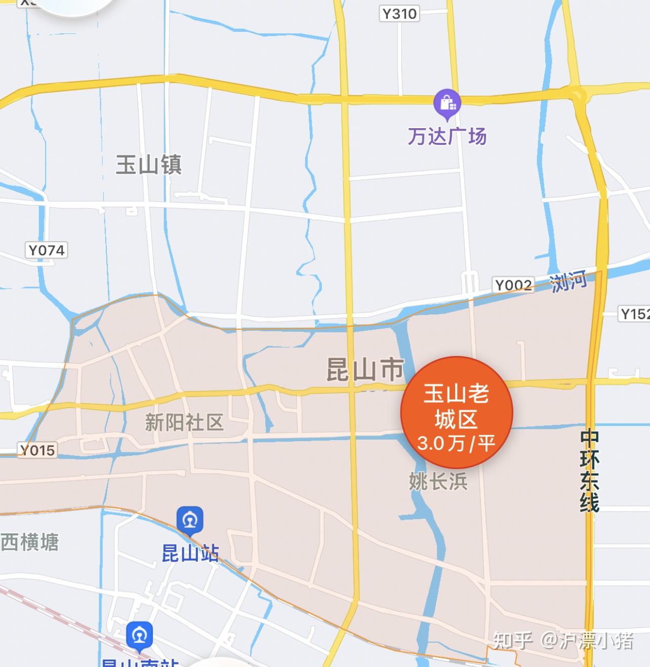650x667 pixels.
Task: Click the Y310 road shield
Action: coord(399,13)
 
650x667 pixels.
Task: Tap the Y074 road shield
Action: coord(47,250)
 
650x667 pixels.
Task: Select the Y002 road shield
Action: coord(513,285)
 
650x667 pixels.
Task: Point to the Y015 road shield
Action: coord(37,450)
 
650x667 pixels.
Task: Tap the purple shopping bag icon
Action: coord(447,102)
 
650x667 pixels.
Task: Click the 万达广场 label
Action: coord(447,136)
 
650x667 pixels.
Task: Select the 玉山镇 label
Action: coord(149,165)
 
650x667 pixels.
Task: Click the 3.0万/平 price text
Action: coord(456,443)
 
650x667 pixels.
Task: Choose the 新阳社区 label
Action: coord(184,422)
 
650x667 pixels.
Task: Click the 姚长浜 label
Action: coord(438,481)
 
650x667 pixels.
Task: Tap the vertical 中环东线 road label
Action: coord(589,471)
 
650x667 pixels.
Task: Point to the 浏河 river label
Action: coord(568,281)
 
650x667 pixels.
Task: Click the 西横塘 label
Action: coord(30,542)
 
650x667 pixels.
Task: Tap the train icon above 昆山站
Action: coord(190,520)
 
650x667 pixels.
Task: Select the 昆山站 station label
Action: coord(190,553)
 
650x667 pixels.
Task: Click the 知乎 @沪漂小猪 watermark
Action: coord(563,641)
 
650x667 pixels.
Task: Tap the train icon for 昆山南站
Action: coord(140,635)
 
